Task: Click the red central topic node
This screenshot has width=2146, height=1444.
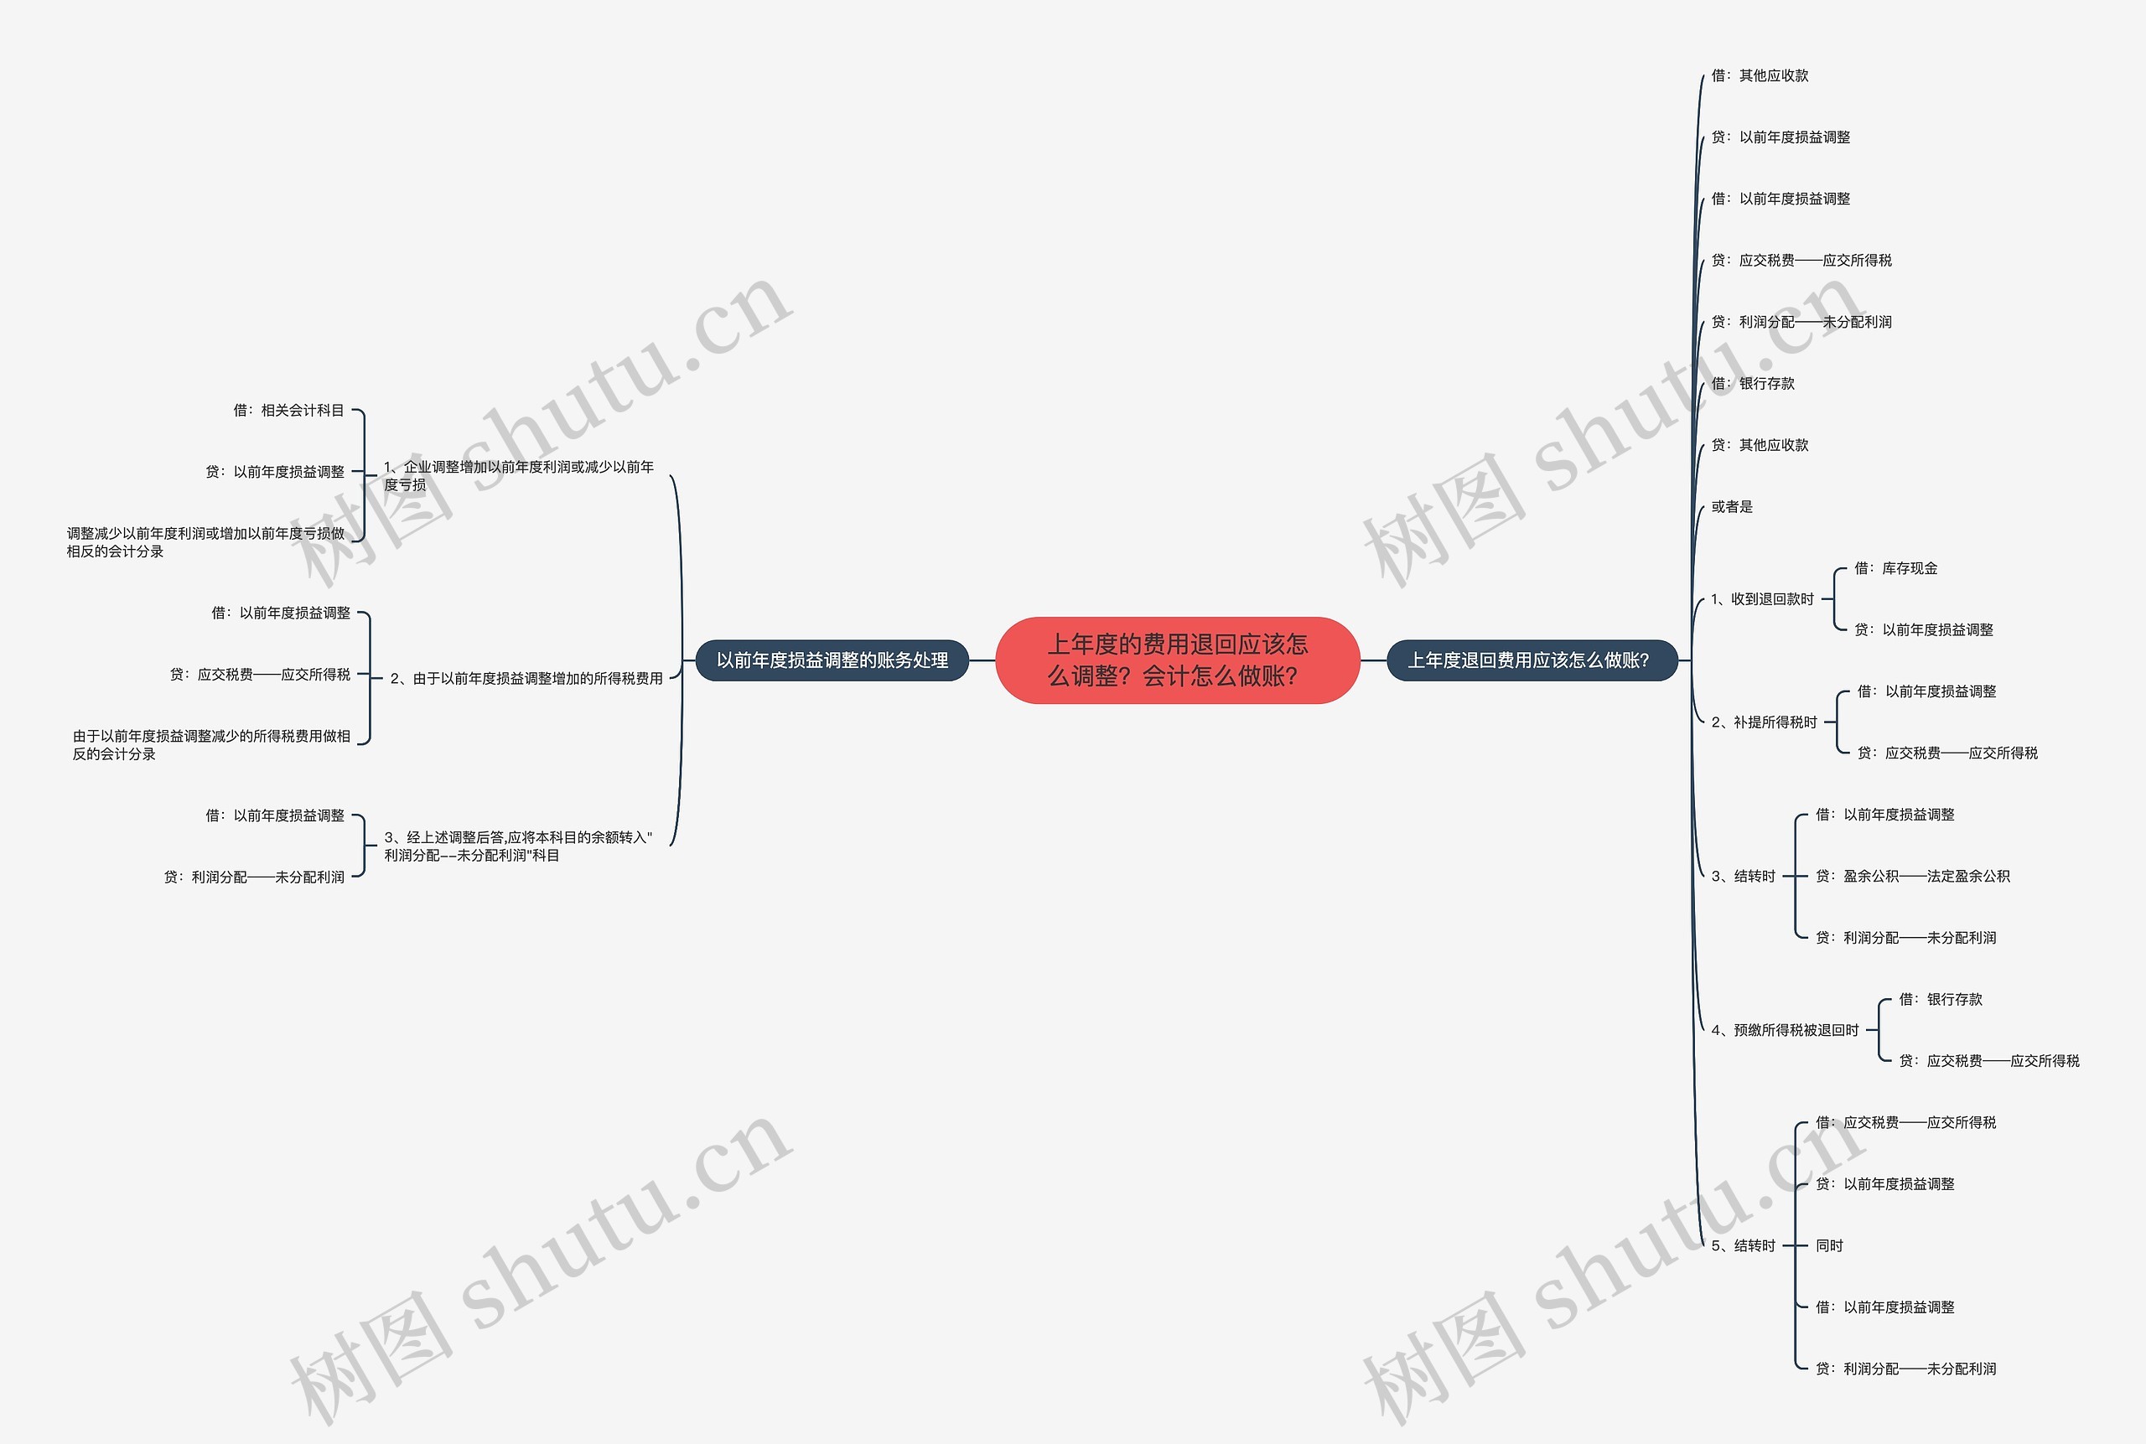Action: pyautogui.click(x=1177, y=660)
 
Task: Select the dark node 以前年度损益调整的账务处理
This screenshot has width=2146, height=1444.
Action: pyautogui.click(x=832, y=660)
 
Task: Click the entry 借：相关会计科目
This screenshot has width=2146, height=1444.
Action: pyautogui.click(x=288, y=411)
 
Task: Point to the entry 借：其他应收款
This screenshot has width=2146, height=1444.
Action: pyautogui.click(x=1760, y=75)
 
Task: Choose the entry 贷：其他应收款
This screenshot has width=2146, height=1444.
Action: pyautogui.click(x=1760, y=446)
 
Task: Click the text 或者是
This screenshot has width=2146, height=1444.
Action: pyautogui.click(x=1732, y=507)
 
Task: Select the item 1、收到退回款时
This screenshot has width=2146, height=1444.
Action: pyautogui.click(x=1762, y=599)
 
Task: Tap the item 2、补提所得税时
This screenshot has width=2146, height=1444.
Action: pyautogui.click(x=1764, y=723)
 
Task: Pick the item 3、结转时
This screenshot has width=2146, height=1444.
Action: pyautogui.click(x=1743, y=877)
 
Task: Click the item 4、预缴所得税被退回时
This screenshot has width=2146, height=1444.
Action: pyautogui.click(x=1785, y=1031)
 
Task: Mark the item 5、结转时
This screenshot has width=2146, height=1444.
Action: pyautogui.click(x=1743, y=1246)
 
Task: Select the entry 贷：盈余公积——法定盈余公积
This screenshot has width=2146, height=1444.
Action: pyautogui.click(x=1912, y=877)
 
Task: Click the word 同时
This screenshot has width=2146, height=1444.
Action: pyautogui.click(x=1829, y=1246)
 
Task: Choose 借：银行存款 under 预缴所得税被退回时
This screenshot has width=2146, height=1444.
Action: pyautogui.click(x=1940, y=1000)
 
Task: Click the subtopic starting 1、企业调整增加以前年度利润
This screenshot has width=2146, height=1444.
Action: pyautogui.click(x=519, y=476)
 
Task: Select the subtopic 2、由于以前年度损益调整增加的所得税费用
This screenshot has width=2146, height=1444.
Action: pyautogui.click(x=526, y=679)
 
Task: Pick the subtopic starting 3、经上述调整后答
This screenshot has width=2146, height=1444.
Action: pyautogui.click(x=517, y=846)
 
